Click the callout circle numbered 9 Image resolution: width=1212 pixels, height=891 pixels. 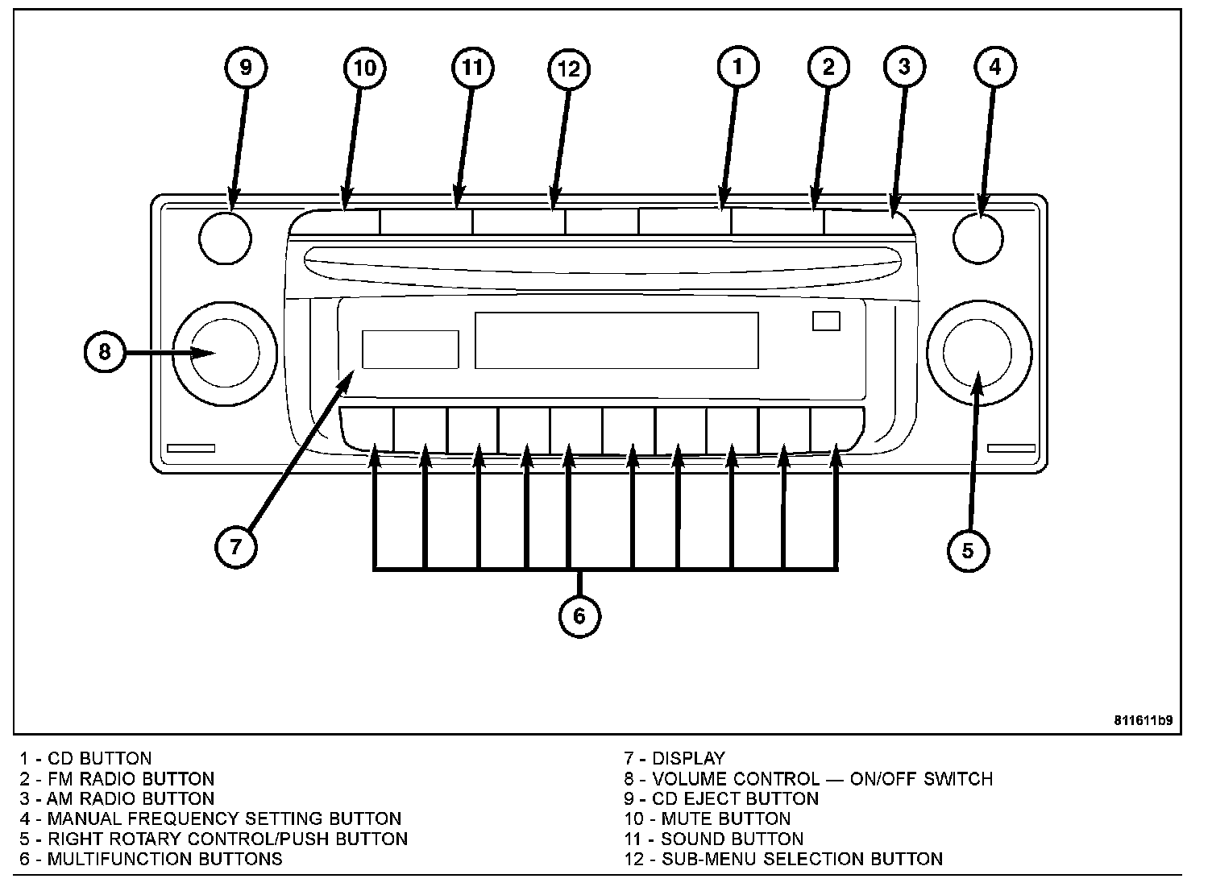coord(246,67)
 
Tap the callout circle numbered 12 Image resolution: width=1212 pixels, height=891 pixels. coord(568,69)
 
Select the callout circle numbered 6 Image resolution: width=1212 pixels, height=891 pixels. coord(579,616)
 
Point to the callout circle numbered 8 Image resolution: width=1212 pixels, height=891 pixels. coord(105,352)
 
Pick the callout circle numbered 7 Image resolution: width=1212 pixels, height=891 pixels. coord(235,547)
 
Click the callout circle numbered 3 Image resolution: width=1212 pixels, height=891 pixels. coord(904,66)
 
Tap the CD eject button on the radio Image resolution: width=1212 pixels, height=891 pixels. coord(225,238)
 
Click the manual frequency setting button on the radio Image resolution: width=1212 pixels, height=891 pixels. coord(977,238)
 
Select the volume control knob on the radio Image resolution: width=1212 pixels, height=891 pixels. coord(225,352)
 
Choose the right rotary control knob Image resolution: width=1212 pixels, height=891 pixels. coord(978,352)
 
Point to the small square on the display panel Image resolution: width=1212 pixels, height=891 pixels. coord(826,321)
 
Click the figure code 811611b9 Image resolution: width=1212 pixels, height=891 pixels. coord(1143,720)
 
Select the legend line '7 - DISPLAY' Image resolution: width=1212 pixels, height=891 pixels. coord(674,758)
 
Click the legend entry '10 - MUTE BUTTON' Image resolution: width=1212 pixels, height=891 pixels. coord(707,818)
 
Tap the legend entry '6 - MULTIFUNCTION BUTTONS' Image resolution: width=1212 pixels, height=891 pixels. coord(151,859)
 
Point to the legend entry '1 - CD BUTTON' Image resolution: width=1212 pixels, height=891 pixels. coord(86,758)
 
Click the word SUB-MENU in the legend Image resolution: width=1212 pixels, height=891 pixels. coord(709,859)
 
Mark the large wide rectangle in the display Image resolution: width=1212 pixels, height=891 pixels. coord(616,340)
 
